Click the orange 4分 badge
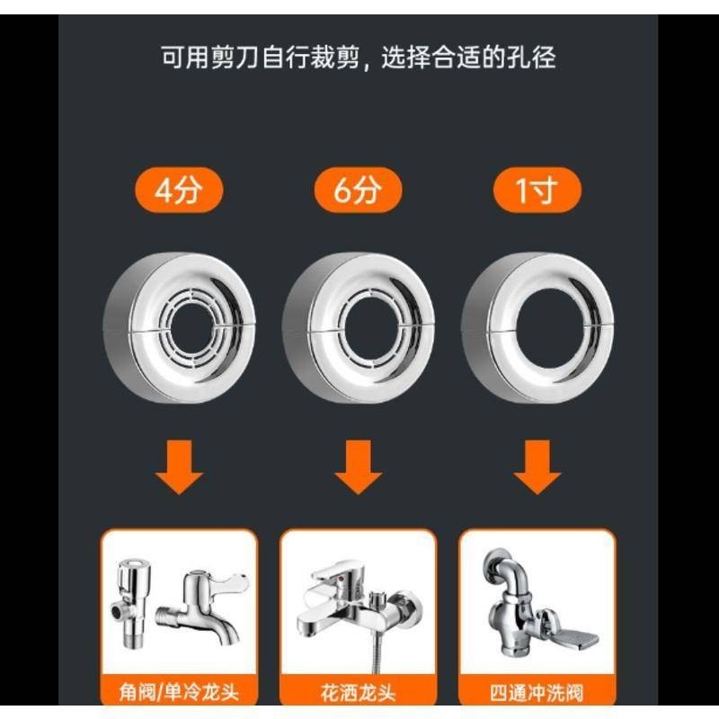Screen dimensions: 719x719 [x=179, y=190]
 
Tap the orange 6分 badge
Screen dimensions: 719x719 [x=358, y=190]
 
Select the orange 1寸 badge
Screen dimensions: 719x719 [x=537, y=190]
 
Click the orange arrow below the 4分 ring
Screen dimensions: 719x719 [x=179, y=466]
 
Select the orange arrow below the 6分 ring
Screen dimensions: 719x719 [x=358, y=466]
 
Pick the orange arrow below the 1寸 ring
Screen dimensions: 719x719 [x=537, y=466]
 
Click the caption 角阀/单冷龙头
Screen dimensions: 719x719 [x=179, y=692]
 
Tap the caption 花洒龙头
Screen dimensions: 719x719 [x=358, y=692]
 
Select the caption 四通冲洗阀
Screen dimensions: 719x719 [x=537, y=692]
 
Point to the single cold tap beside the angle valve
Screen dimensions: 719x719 [x=202, y=606]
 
